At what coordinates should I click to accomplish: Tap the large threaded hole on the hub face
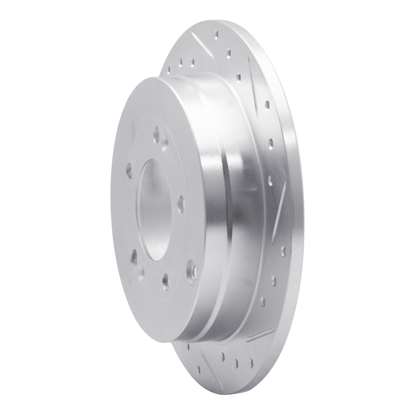click(x=191, y=268)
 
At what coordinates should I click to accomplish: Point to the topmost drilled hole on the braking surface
click(x=216, y=35)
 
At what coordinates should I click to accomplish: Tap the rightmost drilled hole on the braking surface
click(x=283, y=252)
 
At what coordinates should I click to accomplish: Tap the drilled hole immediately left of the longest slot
click(x=239, y=78)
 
